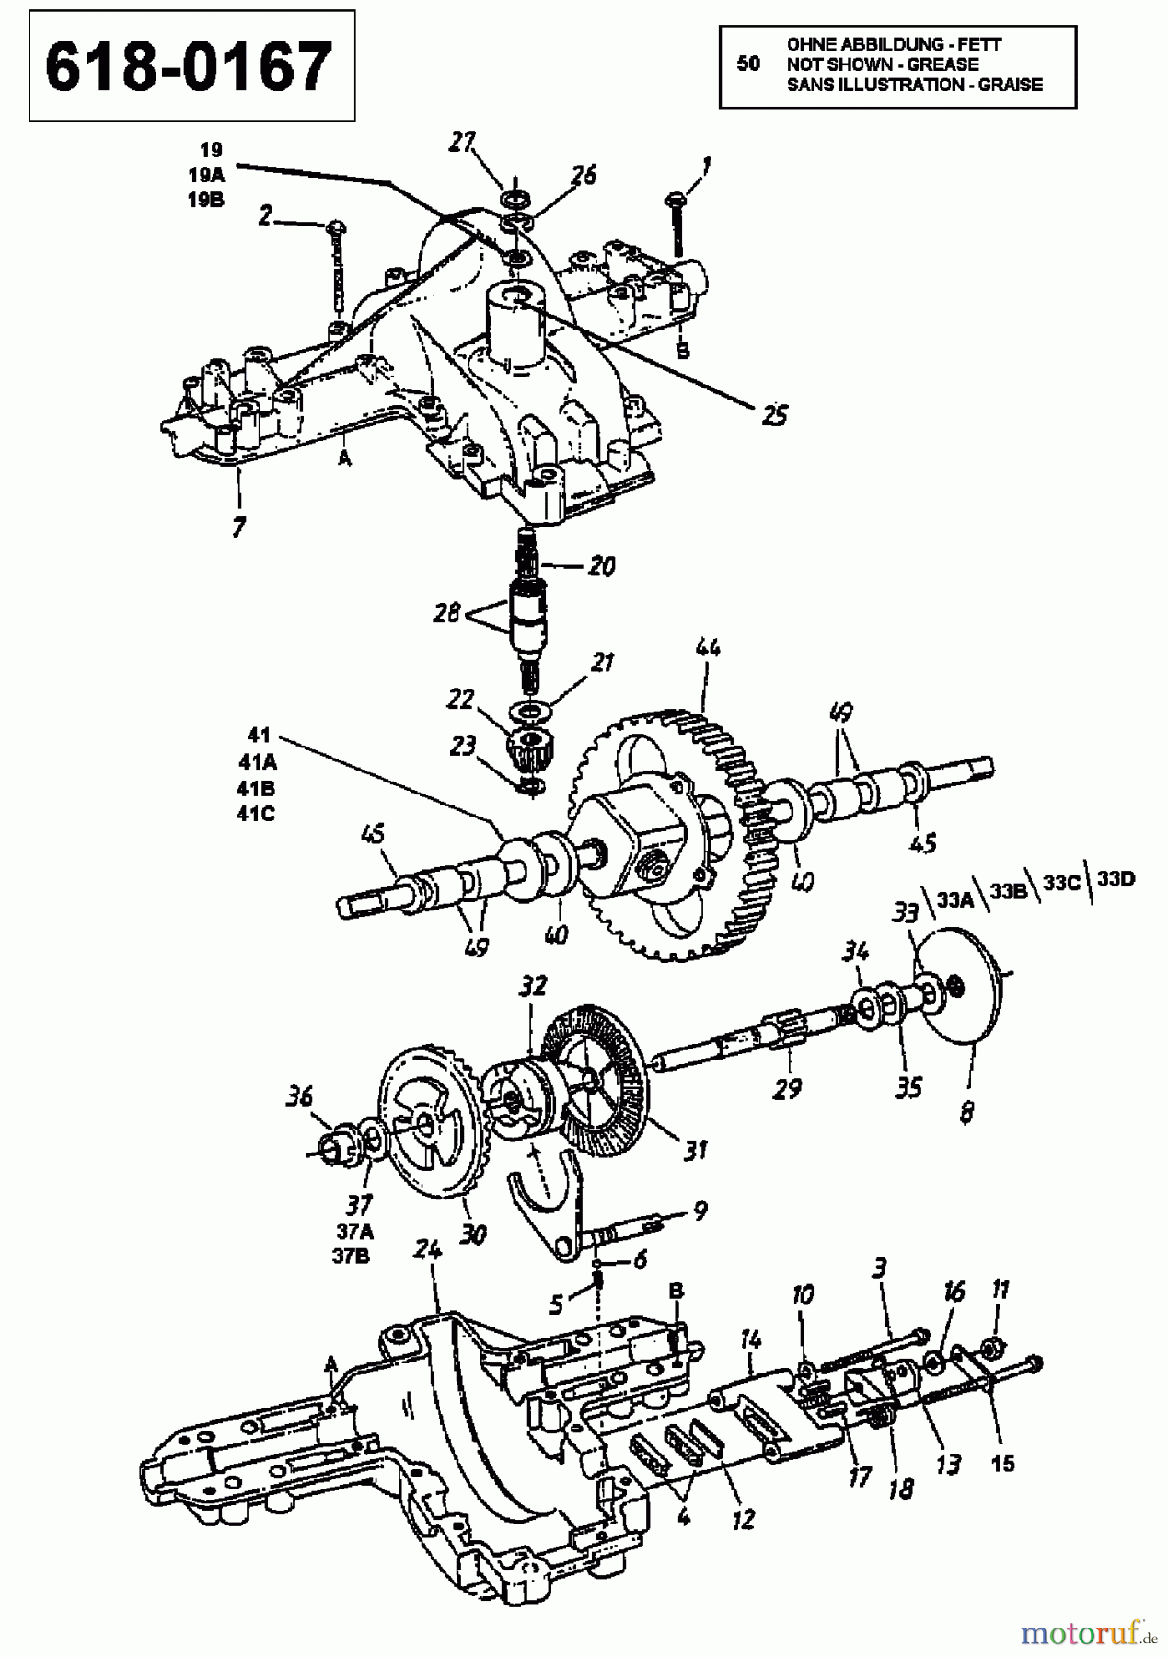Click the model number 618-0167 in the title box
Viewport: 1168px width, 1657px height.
[x=191, y=67]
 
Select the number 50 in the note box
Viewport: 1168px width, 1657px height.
[x=749, y=64]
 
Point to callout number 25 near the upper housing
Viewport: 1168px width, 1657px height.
[x=774, y=415]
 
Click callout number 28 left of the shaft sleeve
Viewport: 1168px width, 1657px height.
[x=447, y=613]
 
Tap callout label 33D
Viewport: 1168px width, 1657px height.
[x=1116, y=879]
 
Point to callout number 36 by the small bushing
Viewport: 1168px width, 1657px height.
[x=299, y=1097]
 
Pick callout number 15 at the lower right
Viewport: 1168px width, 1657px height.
[x=1003, y=1462]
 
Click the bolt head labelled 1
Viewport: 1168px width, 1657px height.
[x=674, y=197]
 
